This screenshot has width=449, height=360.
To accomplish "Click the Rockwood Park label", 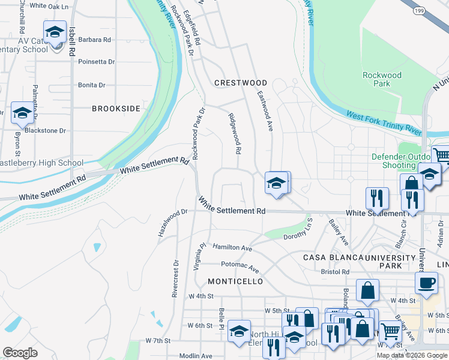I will point(382,79).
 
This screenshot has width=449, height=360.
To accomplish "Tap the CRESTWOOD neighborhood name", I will point(241,83).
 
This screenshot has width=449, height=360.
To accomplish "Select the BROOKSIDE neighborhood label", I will point(116,109).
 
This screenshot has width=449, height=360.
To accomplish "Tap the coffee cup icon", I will point(426,283).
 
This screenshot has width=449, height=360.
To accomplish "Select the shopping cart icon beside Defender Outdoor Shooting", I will point(441,156).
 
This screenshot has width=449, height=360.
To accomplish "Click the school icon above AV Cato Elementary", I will point(55,31).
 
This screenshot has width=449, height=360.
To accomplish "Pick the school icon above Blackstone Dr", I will point(22,113).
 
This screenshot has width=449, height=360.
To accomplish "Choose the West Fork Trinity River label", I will point(384,120).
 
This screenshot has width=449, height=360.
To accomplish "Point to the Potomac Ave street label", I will point(240,266).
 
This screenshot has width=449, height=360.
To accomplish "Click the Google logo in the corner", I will point(20,352).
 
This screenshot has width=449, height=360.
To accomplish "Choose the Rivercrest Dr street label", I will point(175,278).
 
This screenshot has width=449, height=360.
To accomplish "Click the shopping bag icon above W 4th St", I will point(367,290).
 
